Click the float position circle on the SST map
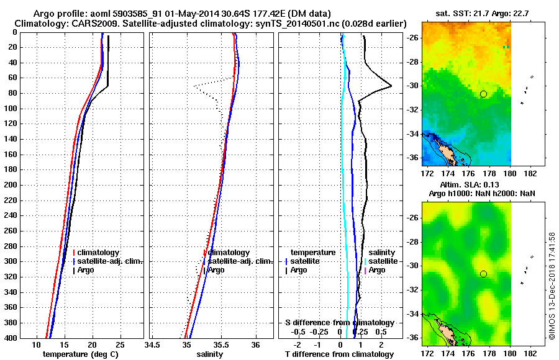click(x=483, y=94)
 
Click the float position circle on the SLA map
click(x=483, y=274)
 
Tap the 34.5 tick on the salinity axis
click(x=152, y=344)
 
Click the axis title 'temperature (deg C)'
click(x=81, y=354)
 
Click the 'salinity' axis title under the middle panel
click(x=210, y=354)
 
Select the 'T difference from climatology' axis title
click(x=339, y=354)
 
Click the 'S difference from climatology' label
click(x=339, y=323)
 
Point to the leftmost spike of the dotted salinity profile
click(x=194, y=86)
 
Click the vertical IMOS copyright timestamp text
click(x=552, y=286)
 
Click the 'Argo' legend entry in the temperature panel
click(x=87, y=270)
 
